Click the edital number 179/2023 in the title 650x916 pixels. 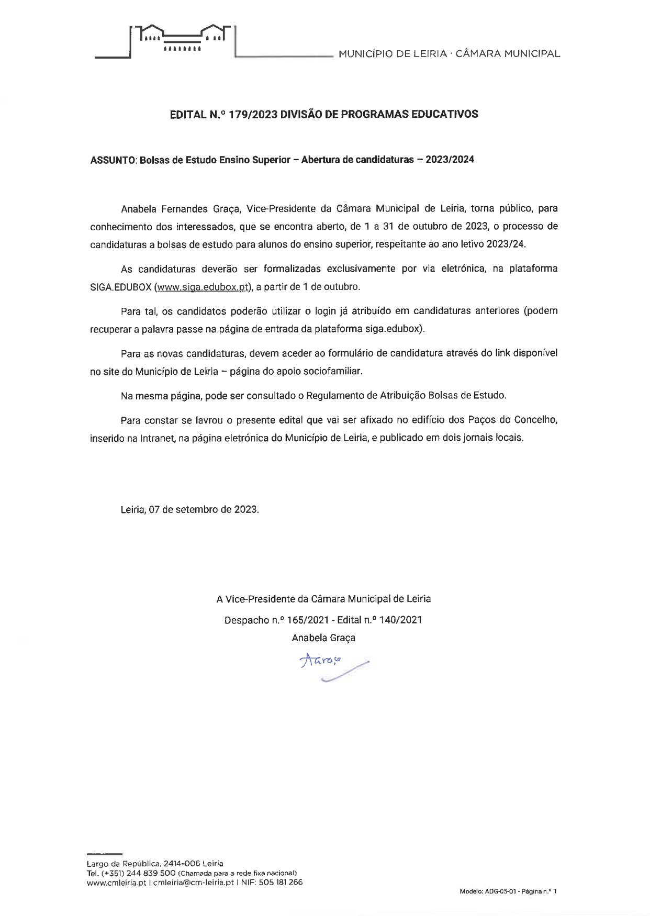(x=253, y=115)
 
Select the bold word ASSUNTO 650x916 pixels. (x=113, y=160)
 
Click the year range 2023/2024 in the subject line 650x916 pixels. (x=450, y=160)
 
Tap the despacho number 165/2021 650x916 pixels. (x=308, y=620)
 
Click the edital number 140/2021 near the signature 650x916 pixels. (x=400, y=620)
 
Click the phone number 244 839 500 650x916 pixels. (x=151, y=873)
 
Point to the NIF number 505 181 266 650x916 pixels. (x=281, y=883)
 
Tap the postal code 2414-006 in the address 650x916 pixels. (x=182, y=864)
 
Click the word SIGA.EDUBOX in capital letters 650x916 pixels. (x=121, y=287)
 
